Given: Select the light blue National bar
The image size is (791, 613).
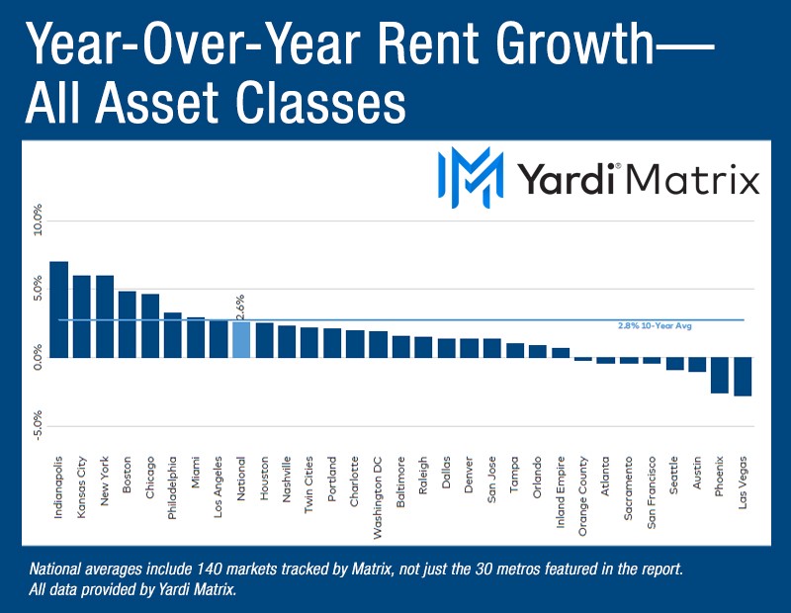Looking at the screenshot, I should pyautogui.click(x=241, y=338).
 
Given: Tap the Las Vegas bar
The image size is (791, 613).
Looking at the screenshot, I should pyautogui.click(x=744, y=376).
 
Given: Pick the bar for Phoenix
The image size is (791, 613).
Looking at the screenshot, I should pyautogui.click(x=720, y=375).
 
